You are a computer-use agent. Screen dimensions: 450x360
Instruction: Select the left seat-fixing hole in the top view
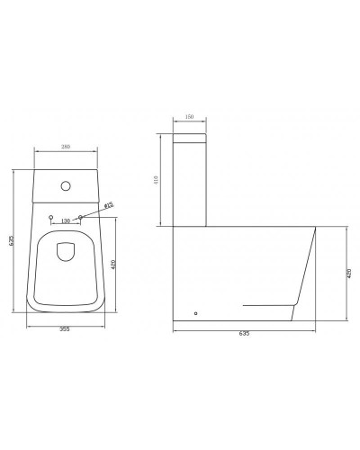[x=52, y=218]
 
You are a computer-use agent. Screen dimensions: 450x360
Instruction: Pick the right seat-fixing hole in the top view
[x=82, y=218]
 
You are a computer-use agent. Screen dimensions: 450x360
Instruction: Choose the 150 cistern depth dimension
[x=190, y=117]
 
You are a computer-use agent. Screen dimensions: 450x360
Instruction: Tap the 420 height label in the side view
[x=348, y=274]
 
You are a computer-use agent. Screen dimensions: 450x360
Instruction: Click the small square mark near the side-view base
[x=196, y=314]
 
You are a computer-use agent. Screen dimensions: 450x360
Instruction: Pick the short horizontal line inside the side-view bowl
[x=265, y=306]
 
